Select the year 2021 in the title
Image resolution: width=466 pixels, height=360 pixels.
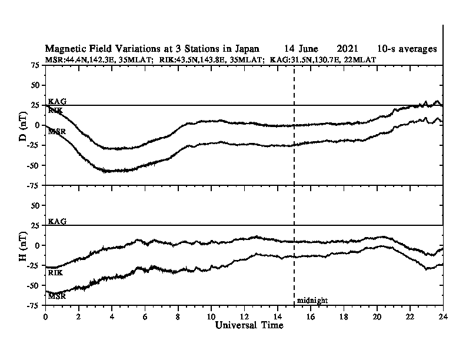[347, 49]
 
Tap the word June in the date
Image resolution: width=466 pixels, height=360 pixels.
[308, 49]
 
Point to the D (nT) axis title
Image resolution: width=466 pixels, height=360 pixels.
[23, 126]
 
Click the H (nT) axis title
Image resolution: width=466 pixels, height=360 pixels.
[23, 246]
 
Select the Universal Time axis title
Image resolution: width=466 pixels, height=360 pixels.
[249, 325]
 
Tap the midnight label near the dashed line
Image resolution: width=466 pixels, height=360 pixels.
[312, 301]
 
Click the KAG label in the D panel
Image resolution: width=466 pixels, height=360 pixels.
[57, 101]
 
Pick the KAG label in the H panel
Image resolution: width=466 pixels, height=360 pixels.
[57, 221]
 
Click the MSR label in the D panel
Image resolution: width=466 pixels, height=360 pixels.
[56, 131]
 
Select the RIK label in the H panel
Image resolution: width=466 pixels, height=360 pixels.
[55, 272]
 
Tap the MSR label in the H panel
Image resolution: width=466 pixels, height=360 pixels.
[56, 296]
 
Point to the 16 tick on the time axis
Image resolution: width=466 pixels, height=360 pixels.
[310, 316]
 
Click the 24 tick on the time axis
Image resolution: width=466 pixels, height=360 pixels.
[443, 316]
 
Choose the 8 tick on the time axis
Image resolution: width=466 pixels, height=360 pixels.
[178, 316]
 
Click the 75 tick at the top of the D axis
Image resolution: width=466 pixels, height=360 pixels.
[35, 65]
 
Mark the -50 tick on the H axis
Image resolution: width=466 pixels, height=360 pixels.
[34, 285]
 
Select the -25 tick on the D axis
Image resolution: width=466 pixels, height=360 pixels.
[34, 145]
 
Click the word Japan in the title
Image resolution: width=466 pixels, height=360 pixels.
[247, 49]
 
